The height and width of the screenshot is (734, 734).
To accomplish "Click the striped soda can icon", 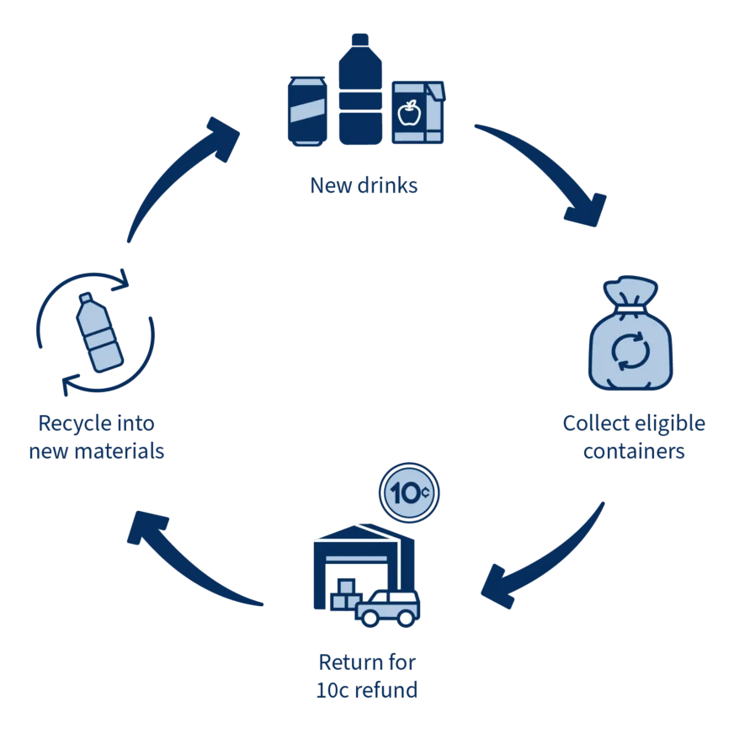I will point(310,110).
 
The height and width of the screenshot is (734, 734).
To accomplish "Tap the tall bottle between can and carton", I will point(363,91).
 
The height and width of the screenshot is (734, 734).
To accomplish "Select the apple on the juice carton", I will point(411,111).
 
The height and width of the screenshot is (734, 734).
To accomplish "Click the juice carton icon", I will point(418,113).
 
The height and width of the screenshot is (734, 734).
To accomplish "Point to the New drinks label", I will point(364,184).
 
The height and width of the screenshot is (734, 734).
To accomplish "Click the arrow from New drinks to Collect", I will point(547,168).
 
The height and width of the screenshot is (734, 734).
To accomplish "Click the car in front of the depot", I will point(387,608).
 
